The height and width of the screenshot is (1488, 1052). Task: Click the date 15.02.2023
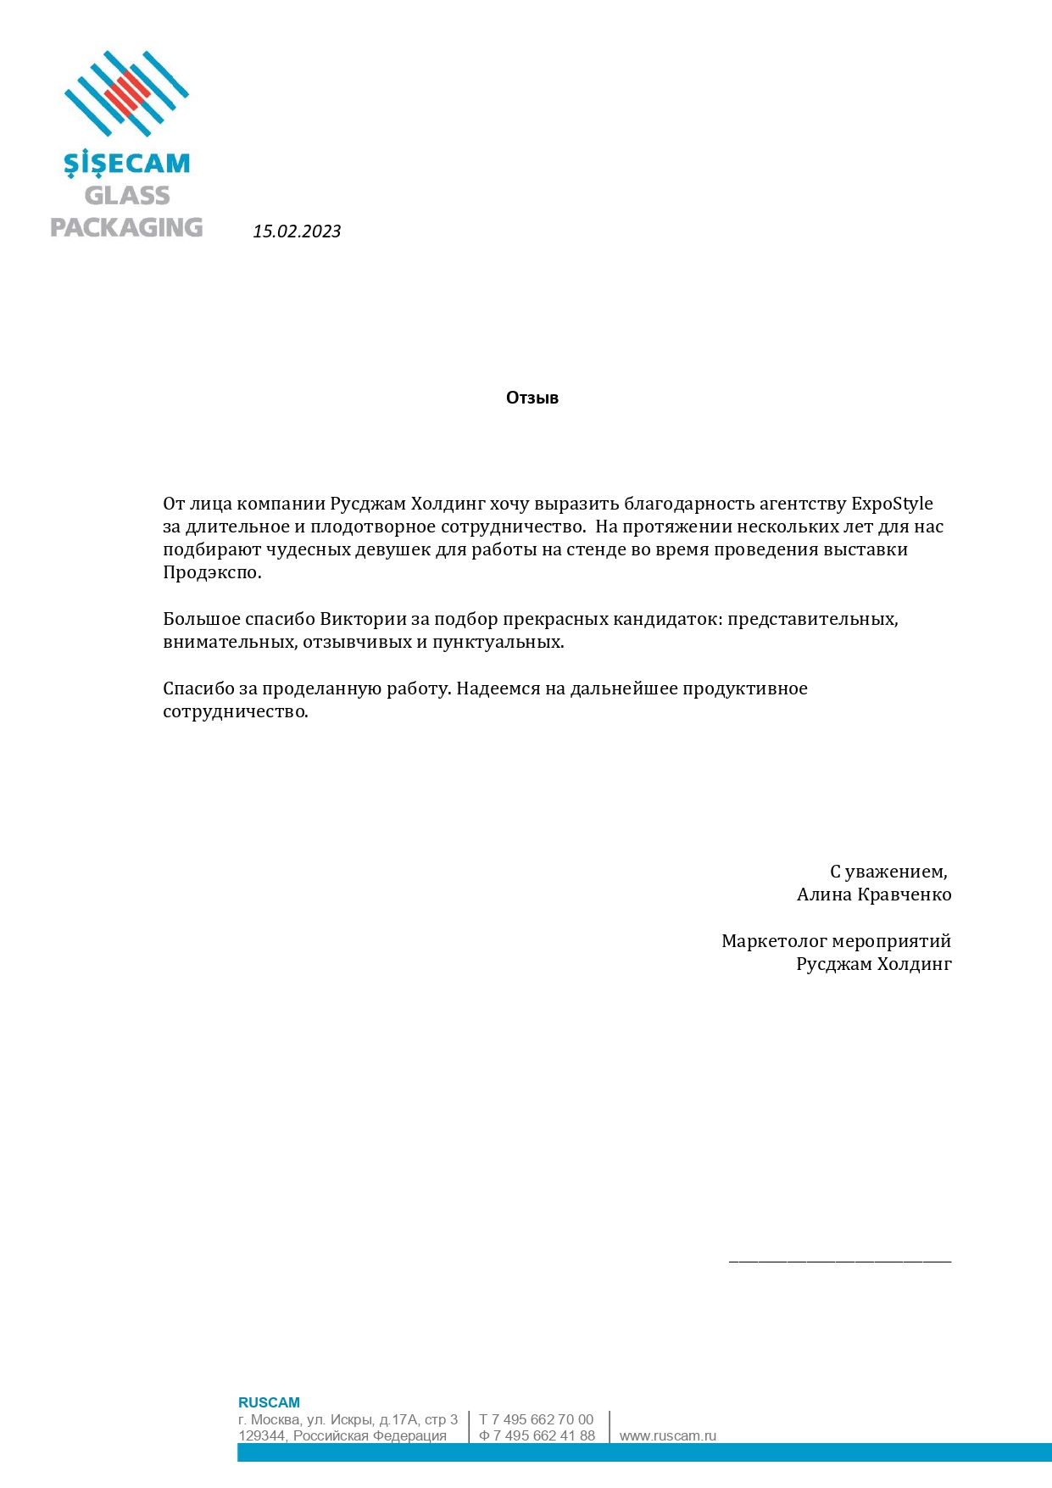[297, 231]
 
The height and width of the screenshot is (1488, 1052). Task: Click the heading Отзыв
[532, 398]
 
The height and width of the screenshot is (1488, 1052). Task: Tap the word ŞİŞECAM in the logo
[127, 164]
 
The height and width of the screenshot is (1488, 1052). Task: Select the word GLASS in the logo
[127, 196]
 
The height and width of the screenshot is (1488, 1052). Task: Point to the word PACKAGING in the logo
[126, 227]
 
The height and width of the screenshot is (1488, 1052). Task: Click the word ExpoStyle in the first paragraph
[892, 504]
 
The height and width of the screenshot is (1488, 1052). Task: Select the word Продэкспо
[211, 572]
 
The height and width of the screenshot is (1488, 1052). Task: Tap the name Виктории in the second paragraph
[363, 619]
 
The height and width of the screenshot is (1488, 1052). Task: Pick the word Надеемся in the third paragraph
[498, 688]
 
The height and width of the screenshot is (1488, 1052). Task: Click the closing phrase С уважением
[888, 872]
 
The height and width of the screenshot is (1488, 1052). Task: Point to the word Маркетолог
[774, 941]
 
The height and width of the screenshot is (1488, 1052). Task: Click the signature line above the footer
[840, 1262]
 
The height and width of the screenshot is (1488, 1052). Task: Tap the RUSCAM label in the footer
[269, 1402]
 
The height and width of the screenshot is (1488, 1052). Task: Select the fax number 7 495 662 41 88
[543, 1435]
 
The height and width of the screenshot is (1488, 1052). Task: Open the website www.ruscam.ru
[668, 1435]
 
